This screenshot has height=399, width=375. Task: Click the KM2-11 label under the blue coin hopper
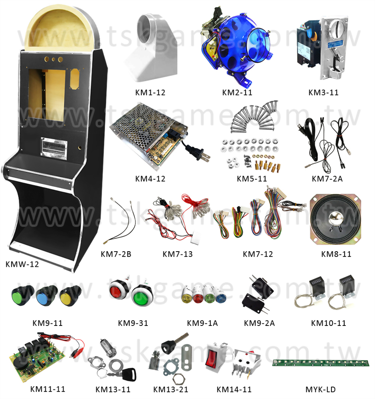coord(237,92)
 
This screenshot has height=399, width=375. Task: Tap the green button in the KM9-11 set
coord(22,295)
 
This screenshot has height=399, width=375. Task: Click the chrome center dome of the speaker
coord(335,218)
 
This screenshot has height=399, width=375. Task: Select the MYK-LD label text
coord(320,389)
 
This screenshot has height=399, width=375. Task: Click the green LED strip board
coord(321,363)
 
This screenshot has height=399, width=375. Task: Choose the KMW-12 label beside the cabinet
coord(22,264)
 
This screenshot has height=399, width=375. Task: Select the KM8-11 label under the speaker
coord(336,254)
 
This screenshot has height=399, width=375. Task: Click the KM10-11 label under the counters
coord(328,323)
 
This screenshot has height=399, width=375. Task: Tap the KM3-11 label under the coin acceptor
coord(323,92)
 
